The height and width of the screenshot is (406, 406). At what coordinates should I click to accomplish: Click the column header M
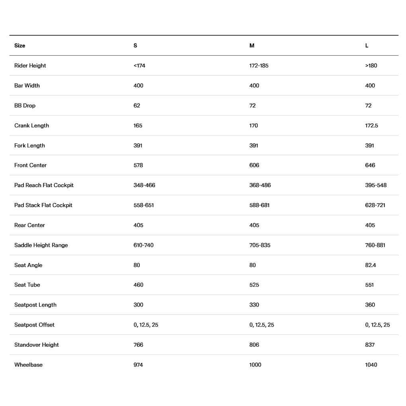tap(252, 46)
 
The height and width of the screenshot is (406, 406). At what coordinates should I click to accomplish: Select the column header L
tap(367, 46)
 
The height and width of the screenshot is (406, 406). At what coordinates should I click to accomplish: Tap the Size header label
tap(20, 46)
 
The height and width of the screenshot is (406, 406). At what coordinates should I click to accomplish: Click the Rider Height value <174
tap(139, 66)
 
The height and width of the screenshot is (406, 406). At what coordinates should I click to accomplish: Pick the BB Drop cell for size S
tap(137, 105)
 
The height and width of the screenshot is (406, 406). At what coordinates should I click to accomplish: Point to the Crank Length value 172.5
tap(371, 125)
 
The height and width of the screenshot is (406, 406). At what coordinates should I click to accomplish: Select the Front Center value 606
tap(254, 165)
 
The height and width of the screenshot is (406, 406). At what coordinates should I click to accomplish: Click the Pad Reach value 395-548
tap(375, 185)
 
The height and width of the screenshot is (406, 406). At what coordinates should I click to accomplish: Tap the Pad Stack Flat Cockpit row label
tap(43, 205)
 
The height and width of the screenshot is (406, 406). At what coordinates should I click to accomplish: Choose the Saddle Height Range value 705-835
tap(260, 245)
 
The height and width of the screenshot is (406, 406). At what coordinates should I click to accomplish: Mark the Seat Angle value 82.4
tap(370, 265)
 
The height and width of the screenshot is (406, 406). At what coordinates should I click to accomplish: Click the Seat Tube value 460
tap(138, 285)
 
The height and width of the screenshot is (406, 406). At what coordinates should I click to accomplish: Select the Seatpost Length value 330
tap(254, 305)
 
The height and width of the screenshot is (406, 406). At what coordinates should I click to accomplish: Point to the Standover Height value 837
tap(370, 345)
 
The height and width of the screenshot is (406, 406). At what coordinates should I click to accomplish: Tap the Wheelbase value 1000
tap(255, 365)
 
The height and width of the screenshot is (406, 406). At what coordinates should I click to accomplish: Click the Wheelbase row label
tap(28, 365)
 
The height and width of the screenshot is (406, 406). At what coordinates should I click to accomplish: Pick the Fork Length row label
tap(29, 145)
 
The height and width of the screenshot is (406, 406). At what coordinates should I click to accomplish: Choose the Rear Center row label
tap(29, 225)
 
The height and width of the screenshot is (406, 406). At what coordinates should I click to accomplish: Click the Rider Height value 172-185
tap(259, 66)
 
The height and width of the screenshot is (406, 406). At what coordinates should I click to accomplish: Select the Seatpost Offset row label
tap(34, 325)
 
